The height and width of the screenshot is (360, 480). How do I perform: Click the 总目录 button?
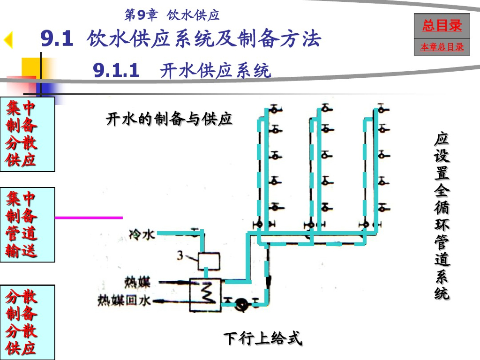(x=442, y=26)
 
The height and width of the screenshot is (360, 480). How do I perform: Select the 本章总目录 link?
(x=442, y=47)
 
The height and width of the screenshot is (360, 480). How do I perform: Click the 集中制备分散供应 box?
(x=27, y=134)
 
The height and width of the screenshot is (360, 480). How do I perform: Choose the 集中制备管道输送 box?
(x=27, y=225)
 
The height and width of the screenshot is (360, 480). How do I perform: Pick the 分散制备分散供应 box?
(x=27, y=322)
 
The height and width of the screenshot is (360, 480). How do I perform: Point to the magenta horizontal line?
(x=89, y=217)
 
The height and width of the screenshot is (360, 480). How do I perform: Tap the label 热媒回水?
(x=124, y=300)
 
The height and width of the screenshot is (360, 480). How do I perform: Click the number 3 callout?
(x=180, y=255)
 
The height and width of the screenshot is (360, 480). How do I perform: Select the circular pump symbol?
(x=242, y=303)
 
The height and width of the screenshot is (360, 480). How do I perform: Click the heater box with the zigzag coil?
(x=206, y=294)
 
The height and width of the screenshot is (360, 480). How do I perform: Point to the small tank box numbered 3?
(x=209, y=261)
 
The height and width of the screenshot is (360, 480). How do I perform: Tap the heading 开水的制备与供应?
(x=169, y=119)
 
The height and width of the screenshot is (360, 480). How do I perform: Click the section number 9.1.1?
(x=116, y=71)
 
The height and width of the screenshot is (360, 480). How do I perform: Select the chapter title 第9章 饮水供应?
(x=172, y=15)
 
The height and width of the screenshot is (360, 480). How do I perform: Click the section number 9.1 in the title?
(x=57, y=39)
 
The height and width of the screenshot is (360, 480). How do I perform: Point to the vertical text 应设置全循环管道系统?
(x=442, y=216)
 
